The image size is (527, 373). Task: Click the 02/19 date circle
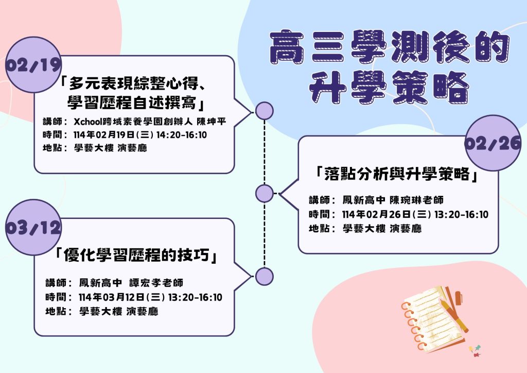(33, 64)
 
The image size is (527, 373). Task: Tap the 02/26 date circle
(493, 143)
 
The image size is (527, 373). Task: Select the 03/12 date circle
(33, 227)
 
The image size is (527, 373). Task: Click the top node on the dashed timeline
(265, 111)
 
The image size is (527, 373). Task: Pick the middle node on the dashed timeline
(265, 193)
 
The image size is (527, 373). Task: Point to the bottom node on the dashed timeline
(265, 277)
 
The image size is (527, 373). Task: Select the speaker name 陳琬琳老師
(416, 200)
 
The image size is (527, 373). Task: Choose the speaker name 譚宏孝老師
(156, 283)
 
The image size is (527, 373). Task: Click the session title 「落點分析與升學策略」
(397, 174)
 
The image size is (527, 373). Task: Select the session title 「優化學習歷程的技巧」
(136, 256)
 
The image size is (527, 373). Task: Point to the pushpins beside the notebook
(475, 350)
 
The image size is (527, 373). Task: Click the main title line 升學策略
(389, 88)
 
